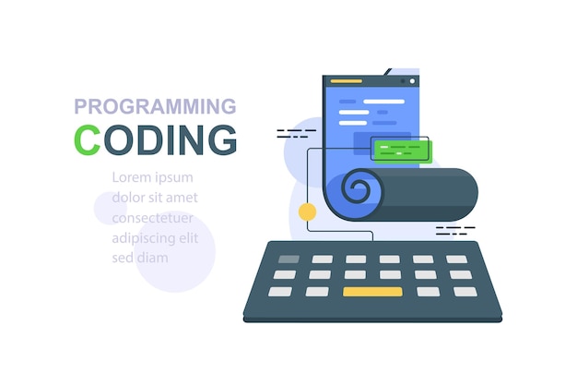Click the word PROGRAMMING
coord(155,106)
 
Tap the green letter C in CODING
coord(87,139)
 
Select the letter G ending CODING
coord(222,139)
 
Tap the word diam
coord(152,258)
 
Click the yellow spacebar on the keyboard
coord(372,292)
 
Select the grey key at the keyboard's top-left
coord(288,259)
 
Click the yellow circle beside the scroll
coord(307,211)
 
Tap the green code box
coord(401,150)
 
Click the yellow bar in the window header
coord(346,81)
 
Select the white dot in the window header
coord(411,81)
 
